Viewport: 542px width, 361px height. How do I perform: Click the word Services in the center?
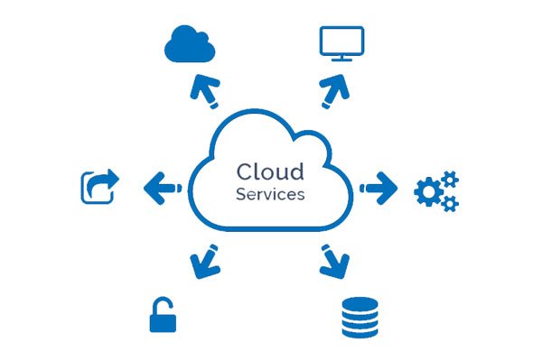pos(270,193)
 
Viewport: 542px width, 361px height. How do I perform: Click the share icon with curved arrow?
pos(99,188)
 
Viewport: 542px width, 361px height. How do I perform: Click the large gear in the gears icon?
pos(428,192)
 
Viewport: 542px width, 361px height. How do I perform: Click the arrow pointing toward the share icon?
pos(160,188)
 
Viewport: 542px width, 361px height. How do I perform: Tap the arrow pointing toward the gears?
pos(380,188)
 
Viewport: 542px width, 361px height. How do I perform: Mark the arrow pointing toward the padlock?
pos(204,263)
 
